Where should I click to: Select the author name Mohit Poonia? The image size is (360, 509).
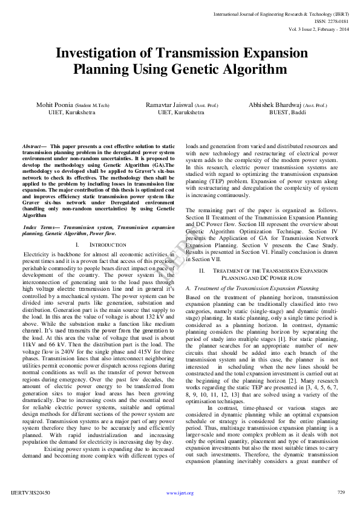tap(53, 105)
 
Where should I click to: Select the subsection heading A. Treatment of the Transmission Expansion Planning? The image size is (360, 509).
tap(252, 289)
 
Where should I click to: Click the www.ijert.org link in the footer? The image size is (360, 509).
tap(180, 493)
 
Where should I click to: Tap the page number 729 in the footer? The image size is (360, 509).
tap(341, 493)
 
